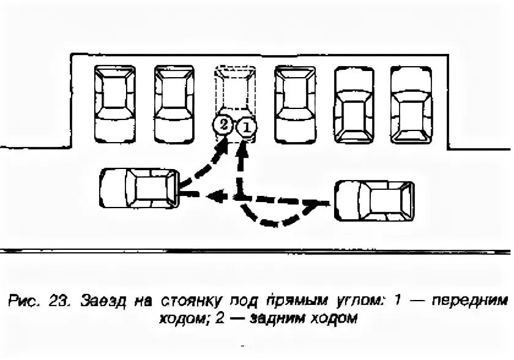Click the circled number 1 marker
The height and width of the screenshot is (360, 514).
[x=245, y=127]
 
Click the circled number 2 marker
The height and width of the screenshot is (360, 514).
[x=223, y=125]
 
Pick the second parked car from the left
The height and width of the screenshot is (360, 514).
[x=174, y=102]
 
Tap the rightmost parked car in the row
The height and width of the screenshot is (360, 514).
[x=411, y=105]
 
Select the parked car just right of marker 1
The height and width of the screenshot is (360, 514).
[x=296, y=102]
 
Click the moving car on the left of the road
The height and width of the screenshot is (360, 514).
[x=140, y=189]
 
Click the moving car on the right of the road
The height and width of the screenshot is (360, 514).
[x=373, y=201]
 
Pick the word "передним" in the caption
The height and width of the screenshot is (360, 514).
[x=472, y=301]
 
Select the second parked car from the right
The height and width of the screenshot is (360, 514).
[x=354, y=105]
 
